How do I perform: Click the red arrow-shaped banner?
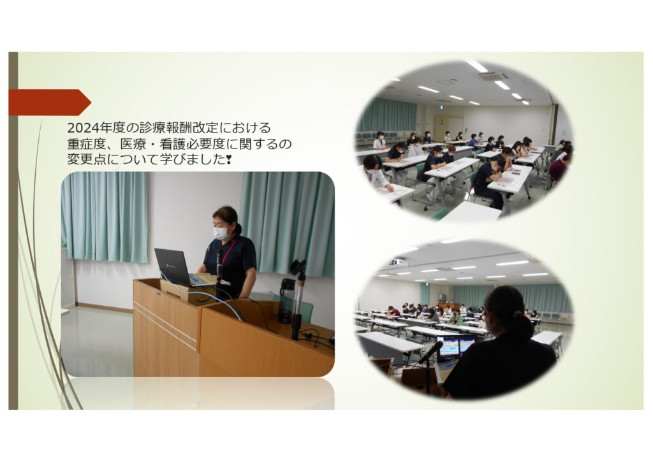click(49, 102)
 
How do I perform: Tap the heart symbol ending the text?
click(228, 159)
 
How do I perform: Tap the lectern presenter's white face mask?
click(221, 233)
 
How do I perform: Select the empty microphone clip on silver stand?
click(298, 267)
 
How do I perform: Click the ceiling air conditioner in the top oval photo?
click(493, 77)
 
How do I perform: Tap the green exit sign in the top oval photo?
click(439, 108)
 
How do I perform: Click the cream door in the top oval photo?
click(449, 127)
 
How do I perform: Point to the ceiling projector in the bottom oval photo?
click(396, 262)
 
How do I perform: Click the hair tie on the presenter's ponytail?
click(517, 314)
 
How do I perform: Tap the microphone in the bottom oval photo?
click(430, 352)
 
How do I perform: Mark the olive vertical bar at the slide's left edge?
click(13, 231)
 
